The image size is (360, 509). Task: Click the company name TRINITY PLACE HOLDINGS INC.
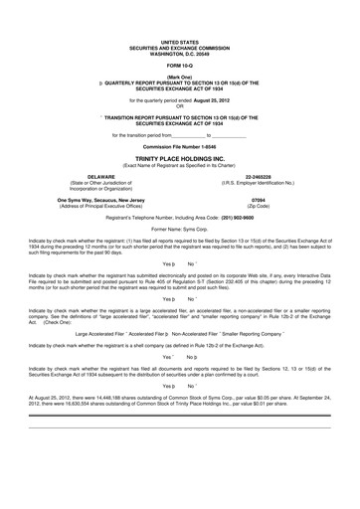(180, 157)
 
